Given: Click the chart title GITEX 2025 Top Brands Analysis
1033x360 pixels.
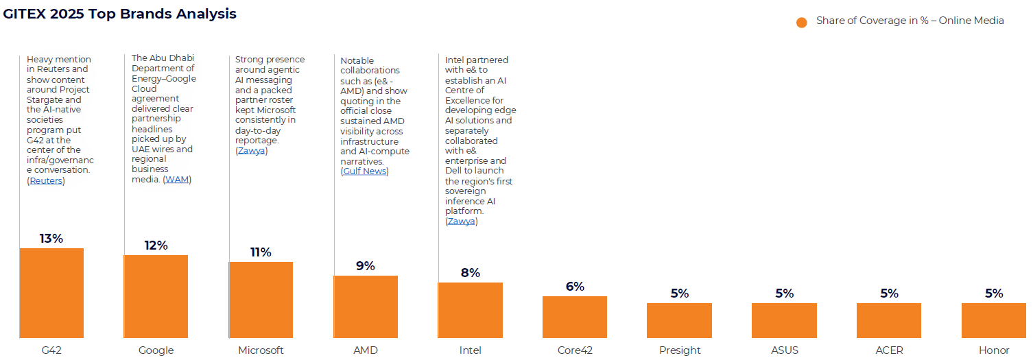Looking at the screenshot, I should (x=120, y=14).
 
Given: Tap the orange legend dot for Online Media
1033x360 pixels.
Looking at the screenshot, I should (x=801, y=22).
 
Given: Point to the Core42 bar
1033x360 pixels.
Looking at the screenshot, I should (x=575, y=317).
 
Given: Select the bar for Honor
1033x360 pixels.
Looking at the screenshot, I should (x=993, y=320).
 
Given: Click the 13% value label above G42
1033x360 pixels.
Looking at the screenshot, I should (x=51, y=239).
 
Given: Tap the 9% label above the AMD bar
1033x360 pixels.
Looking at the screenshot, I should (x=366, y=266).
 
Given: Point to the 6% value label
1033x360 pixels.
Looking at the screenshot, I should (x=575, y=287).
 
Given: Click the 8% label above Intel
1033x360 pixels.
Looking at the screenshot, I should (x=471, y=273).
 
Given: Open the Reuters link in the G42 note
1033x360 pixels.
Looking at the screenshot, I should (x=46, y=181).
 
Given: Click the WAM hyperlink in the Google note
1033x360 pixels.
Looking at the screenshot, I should (x=177, y=180).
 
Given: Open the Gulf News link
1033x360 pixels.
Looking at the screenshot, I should (x=364, y=171).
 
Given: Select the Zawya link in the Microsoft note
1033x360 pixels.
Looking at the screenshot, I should (x=251, y=151).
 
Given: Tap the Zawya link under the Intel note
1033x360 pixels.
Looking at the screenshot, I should (x=461, y=221).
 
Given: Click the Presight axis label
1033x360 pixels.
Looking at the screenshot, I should (x=680, y=350).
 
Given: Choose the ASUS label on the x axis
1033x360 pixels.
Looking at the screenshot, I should (x=784, y=350).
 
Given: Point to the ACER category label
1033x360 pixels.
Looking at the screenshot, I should (x=889, y=350).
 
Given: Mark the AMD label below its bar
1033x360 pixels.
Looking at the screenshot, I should (x=366, y=350).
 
